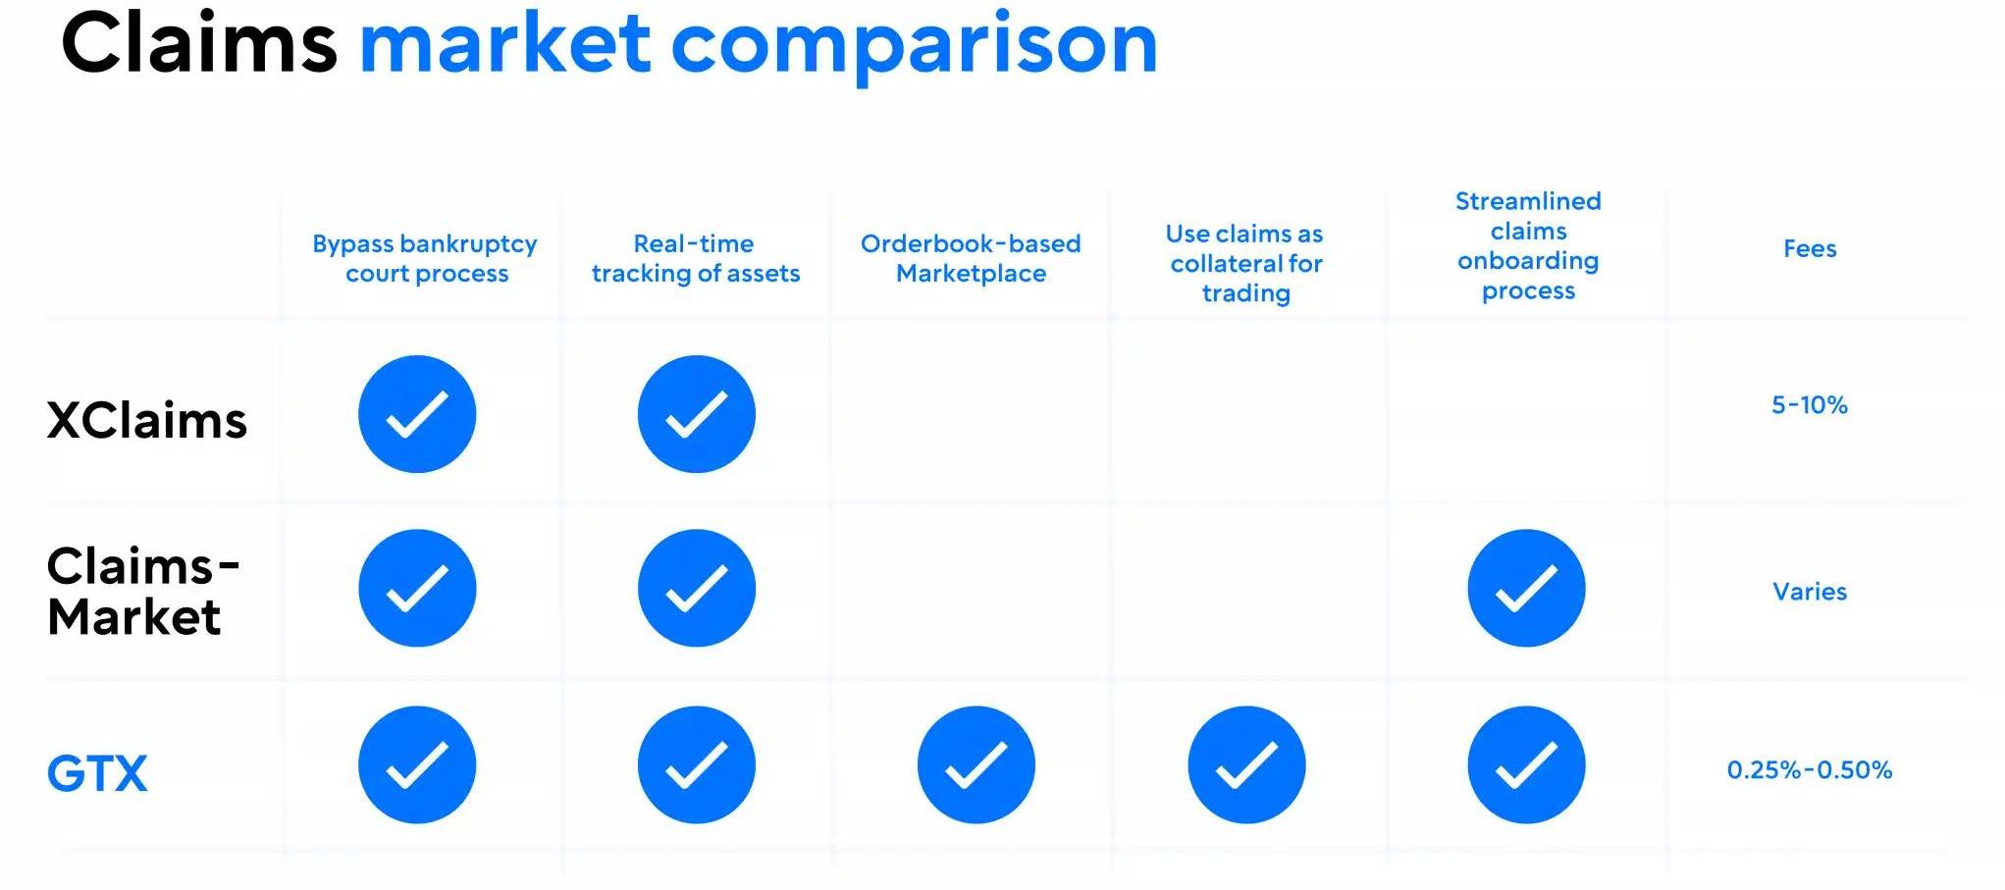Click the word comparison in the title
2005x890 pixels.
pos(915,47)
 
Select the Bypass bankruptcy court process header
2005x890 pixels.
pos(425,258)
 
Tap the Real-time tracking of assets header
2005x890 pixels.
pos(696,258)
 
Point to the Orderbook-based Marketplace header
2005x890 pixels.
pos(971,258)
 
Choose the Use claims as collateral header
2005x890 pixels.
pos(1245,263)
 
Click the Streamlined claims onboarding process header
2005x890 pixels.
pos(1528,245)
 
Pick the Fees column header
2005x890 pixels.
pos(1810,248)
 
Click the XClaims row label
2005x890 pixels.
pos(147,420)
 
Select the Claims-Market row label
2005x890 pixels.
pos(143,591)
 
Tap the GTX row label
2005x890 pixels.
pos(97,773)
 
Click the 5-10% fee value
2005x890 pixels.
pos(1810,405)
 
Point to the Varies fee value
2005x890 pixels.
pos(1810,592)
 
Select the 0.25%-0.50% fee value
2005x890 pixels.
pos(1810,770)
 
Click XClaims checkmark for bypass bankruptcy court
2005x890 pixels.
pos(417,414)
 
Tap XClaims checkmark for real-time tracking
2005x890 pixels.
pos(697,414)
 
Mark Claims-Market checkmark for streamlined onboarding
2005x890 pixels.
pos(1526,588)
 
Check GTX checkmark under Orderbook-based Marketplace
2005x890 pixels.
pos(976,764)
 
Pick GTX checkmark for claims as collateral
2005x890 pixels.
pos(1246,764)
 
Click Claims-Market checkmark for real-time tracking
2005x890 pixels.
pos(697,588)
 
